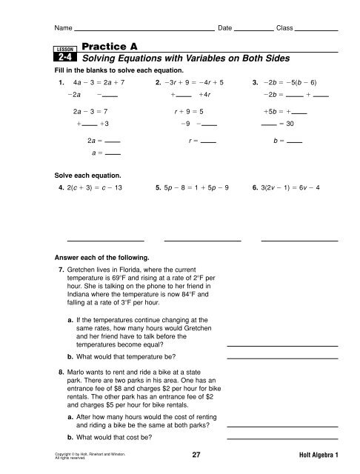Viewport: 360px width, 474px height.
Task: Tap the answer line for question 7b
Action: pyautogui.click(x=281, y=357)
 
